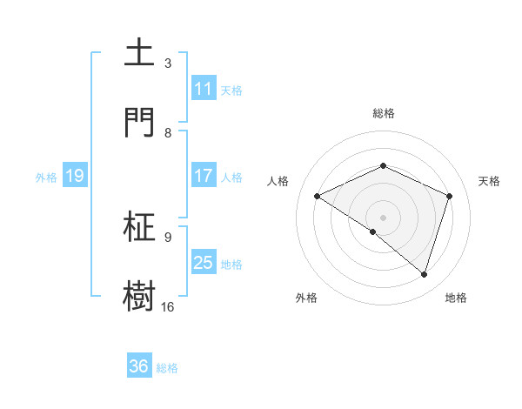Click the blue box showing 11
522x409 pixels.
click(203, 89)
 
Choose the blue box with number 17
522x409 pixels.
click(203, 176)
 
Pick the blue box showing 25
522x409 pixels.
click(203, 263)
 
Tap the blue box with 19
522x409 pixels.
click(74, 176)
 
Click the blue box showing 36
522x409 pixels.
click(138, 366)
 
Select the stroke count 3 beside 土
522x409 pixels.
click(168, 64)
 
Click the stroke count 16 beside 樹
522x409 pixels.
click(168, 306)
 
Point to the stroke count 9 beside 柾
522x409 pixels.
click(168, 237)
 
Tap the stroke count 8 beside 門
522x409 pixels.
click(168, 132)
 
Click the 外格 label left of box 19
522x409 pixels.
click(46, 177)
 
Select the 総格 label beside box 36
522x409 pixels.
click(167, 368)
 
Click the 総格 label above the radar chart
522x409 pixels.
click(384, 113)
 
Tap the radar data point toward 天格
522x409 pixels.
click(450, 196)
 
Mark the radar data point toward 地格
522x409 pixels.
click(424, 275)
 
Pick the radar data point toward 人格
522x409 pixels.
click(318, 196)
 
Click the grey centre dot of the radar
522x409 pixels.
click(384, 217)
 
